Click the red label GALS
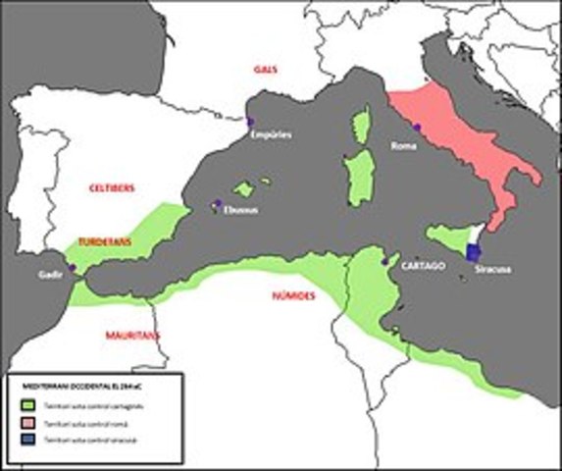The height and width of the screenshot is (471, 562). (262, 71)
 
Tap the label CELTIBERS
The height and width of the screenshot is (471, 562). (112, 187)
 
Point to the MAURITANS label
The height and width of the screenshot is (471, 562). (132, 336)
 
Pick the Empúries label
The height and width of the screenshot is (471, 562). (270, 134)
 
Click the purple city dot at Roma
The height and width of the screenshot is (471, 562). (417, 129)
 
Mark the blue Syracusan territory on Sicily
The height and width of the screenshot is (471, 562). (475, 245)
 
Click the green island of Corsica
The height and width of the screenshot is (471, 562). (361, 125)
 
